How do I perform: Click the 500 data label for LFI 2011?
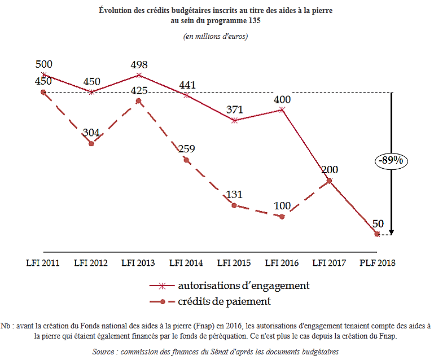(x=43, y=64)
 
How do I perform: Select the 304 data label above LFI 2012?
(x=91, y=133)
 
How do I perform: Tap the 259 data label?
(x=186, y=149)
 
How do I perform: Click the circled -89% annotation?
(x=391, y=160)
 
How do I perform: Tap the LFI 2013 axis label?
(x=139, y=263)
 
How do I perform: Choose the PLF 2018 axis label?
(x=378, y=263)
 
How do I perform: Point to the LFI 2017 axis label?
(x=330, y=263)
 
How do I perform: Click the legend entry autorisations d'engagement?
(x=243, y=286)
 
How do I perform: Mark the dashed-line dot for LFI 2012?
(x=91, y=144)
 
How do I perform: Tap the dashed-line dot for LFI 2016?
(x=282, y=216)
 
